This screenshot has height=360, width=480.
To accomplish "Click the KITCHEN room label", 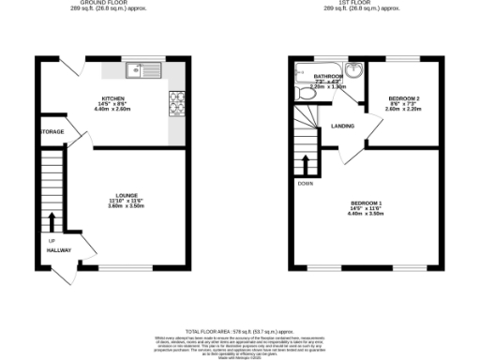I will (113, 97).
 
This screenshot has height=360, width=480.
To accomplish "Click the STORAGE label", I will (52, 132).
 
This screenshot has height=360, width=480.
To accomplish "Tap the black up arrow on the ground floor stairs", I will (52, 221).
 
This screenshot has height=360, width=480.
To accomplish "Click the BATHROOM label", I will (327, 77).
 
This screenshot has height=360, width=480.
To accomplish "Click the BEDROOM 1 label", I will (367, 203).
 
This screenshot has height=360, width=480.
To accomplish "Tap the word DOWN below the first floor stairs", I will (306, 184).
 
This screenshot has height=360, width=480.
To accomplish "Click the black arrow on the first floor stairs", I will (306, 161).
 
